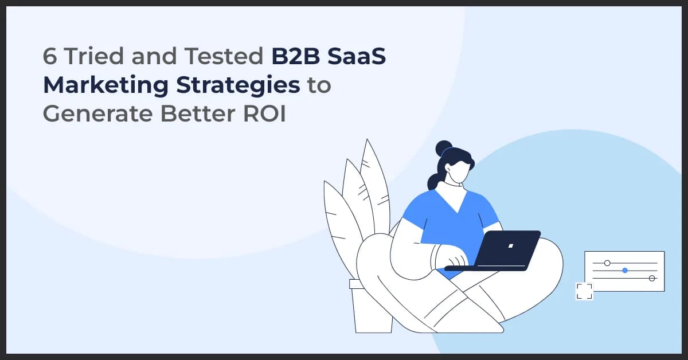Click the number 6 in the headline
click(x=50, y=57)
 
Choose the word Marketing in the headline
click(x=105, y=85)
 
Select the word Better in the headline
click(x=199, y=113)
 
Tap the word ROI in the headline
click(x=264, y=113)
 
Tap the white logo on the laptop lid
click(x=510, y=245)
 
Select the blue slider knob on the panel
click(x=625, y=270)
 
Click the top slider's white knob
click(x=607, y=263)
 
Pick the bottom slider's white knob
click(x=652, y=278)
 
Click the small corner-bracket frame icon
click(x=584, y=291)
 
